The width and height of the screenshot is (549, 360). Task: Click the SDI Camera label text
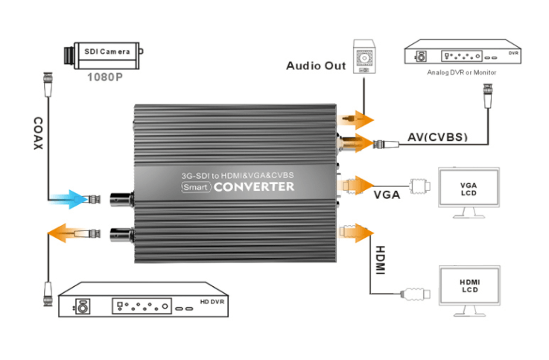[x=107, y=52]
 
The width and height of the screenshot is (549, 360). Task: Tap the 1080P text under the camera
[x=105, y=77]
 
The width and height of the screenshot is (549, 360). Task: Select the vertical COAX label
[x=38, y=133]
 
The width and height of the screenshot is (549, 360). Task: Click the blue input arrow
[x=69, y=199]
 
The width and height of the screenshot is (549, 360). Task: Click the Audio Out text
[x=316, y=66]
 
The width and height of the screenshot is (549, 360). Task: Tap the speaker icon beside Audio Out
[x=364, y=57]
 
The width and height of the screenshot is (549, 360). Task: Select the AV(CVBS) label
[x=438, y=137]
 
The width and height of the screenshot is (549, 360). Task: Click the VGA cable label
[x=387, y=195]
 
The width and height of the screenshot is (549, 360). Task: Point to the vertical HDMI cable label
[x=380, y=260]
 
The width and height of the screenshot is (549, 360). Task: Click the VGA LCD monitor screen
[x=469, y=188]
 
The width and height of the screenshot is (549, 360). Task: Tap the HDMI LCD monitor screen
[x=469, y=285]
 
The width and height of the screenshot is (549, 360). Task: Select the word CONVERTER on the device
[x=254, y=187]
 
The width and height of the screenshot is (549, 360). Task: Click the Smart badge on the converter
[x=196, y=187]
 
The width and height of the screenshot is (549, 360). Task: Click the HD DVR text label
[x=212, y=302]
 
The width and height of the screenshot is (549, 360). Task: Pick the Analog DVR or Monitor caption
[x=461, y=72]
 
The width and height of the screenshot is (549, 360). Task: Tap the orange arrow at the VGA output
[x=357, y=185]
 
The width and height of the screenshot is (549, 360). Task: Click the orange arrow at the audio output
[x=357, y=120]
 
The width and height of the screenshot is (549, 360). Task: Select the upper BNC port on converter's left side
[x=121, y=200]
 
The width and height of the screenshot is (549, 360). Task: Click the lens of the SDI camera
[x=69, y=56]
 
